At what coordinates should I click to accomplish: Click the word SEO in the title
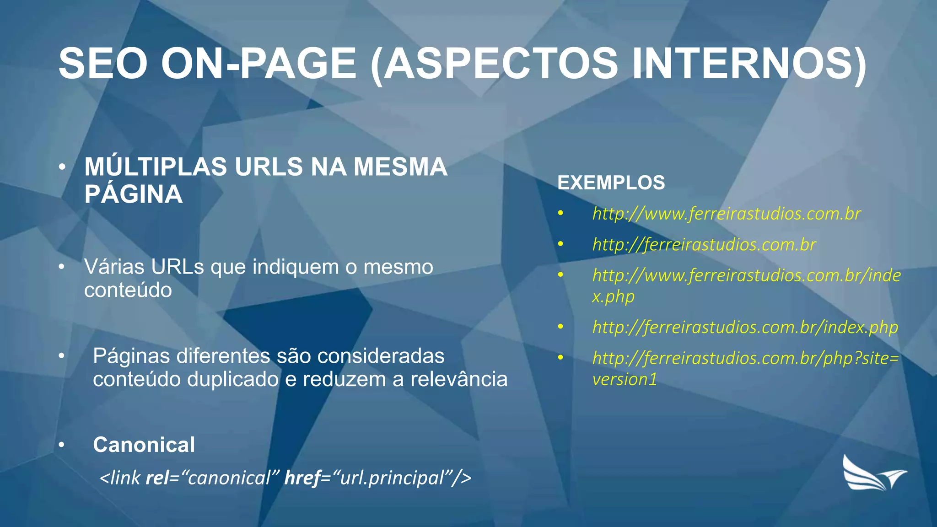103,64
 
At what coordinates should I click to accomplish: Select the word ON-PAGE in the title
259,64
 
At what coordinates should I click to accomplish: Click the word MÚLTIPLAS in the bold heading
156,167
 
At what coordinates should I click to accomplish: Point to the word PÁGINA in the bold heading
133,194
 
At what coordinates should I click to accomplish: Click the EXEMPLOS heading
611,183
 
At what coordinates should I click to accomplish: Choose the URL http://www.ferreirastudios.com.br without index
726,214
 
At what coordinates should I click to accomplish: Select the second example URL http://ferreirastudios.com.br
704,245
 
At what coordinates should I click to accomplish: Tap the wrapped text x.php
613,296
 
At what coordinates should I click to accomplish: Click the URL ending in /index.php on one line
745,327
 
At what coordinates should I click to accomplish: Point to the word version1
625,379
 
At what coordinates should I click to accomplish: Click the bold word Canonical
144,445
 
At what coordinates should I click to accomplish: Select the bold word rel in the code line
156,478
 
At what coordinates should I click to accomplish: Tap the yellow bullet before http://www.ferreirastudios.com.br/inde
560,274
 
